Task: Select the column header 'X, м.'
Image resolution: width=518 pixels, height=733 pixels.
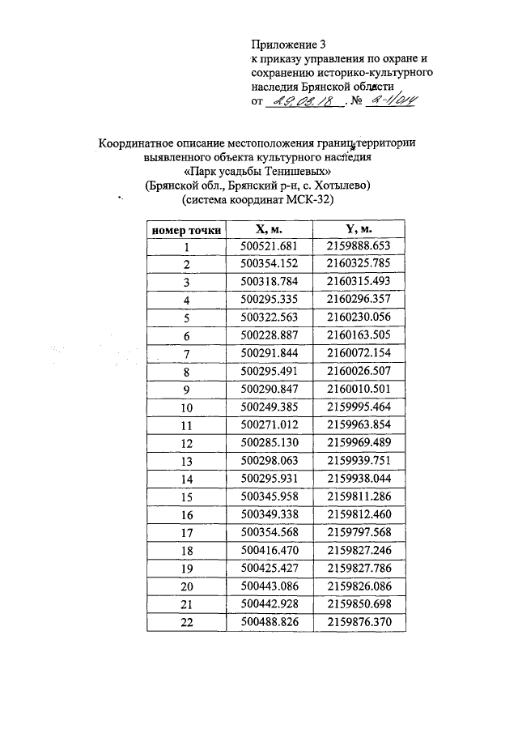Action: tap(269, 230)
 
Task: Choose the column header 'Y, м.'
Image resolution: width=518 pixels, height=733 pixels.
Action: tap(360, 230)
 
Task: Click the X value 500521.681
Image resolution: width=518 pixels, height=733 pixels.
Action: tap(270, 247)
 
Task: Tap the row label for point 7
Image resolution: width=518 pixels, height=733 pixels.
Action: tap(187, 353)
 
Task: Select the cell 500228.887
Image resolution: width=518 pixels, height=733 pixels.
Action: tap(270, 335)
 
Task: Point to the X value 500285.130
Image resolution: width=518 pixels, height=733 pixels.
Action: tap(270, 442)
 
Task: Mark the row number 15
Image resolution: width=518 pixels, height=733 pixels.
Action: tap(187, 496)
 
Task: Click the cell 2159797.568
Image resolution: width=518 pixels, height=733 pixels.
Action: tap(360, 531)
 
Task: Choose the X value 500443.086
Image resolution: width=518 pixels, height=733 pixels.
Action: tap(270, 585)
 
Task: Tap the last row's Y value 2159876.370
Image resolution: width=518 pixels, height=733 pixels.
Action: tap(360, 621)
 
